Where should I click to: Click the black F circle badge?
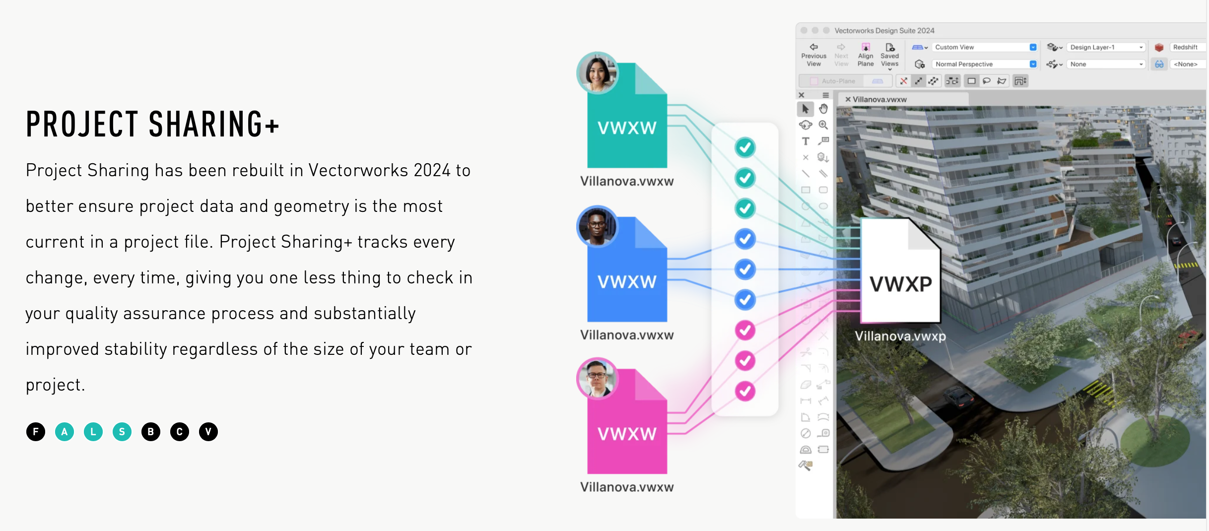(x=36, y=432)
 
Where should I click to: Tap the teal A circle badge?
(x=65, y=432)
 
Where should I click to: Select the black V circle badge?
(x=208, y=432)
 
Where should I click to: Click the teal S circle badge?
(x=122, y=432)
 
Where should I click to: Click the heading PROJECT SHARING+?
(x=153, y=124)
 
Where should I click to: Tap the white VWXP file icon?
(x=900, y=273)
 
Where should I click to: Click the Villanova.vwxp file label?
(x=900, y=336)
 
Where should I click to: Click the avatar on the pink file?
(x=597, y=378)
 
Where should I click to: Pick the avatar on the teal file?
(x=597, y=73)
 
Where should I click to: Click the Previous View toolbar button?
(x=813, y=55)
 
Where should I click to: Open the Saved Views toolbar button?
(x=889, y=55)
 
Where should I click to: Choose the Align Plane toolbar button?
(x=866, y=55)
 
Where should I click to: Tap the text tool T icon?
(x=806, y=141)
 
